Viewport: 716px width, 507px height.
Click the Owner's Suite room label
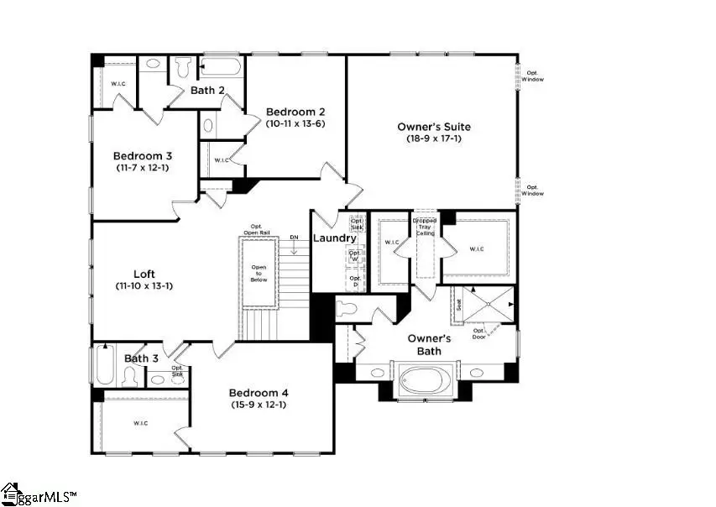pos(433,127)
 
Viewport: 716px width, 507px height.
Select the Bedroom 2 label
pos(295,112)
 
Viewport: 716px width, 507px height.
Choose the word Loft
pos(144,274)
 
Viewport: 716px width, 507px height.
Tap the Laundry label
pos(335,238)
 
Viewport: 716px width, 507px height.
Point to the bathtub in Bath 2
pos(221,67)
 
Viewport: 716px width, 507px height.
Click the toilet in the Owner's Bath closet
pos(348,307)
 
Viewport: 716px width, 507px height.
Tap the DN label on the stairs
pos(294,238)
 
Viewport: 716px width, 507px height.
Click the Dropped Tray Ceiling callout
pos(425,227)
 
